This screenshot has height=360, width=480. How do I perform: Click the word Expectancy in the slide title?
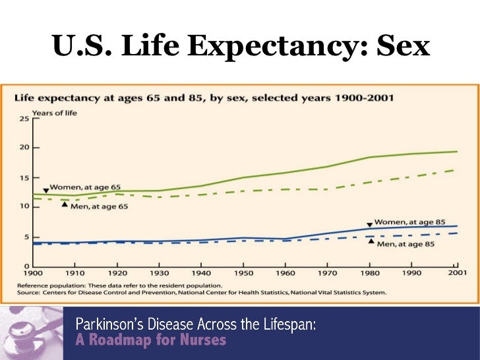267,46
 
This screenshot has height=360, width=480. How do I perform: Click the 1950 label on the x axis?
243,272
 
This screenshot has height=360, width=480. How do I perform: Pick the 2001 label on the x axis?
456,272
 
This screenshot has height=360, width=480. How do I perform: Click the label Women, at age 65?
85,187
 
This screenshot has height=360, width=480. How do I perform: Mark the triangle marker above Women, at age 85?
369,225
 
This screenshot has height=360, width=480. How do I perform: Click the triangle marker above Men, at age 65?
64,204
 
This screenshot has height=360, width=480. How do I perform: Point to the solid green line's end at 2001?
457,152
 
